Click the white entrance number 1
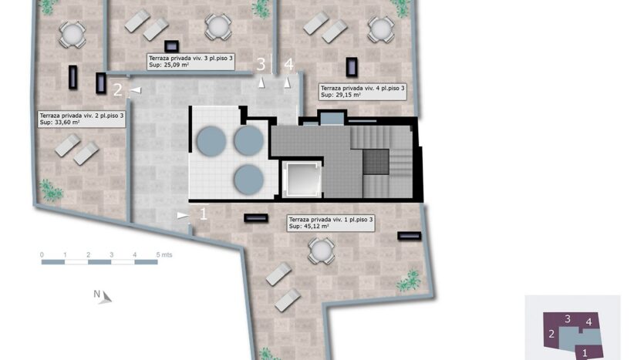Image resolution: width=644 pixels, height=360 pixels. pyautogui.click(x=204, y=214)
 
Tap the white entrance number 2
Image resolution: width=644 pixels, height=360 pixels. pyautogui.click(x=118, y=90)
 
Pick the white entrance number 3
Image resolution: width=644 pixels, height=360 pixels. pyautogui.click(x=261, y=65)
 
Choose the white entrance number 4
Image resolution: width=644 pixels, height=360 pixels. pyautogui.click(x=288, y=65)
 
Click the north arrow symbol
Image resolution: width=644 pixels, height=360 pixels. pyautogui.click(x=106, y=298)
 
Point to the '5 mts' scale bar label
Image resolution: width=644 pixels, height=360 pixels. pyautogui.click(x=164, y=255)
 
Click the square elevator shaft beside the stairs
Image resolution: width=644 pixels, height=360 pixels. pyautogui.click(x=302, y=180)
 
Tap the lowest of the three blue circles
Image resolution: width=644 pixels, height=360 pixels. pyautogui.click(x=248, y=180)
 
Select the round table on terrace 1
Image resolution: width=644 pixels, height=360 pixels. pyautogui.click(x=321, y=251)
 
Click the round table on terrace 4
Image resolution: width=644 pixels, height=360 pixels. pyautogui.click(x=381, y=29)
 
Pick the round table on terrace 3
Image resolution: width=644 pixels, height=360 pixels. pyautogui.click(x=218, y=27)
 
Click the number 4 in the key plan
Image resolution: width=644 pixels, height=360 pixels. pyautogui.click(x=589, y=322)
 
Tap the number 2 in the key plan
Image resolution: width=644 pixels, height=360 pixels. pyautogui.click(x=551, y=334)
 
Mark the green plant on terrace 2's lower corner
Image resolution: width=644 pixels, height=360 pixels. pyautogui.click(x=51, y=190)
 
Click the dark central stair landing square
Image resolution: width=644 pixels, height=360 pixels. pyautogui.click(x=376, y=162)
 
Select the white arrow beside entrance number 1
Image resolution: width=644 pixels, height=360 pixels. pyautogui.click(x=183, y=215)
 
